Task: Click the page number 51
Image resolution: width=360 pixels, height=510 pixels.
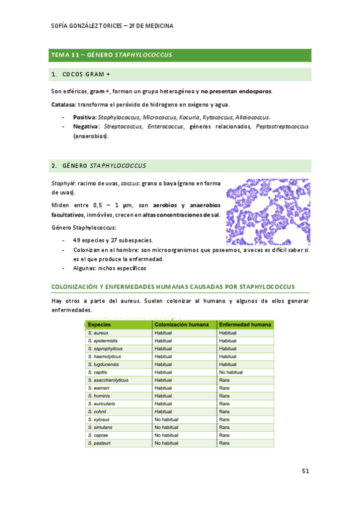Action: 305,472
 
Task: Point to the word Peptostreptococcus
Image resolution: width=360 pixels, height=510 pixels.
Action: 282,127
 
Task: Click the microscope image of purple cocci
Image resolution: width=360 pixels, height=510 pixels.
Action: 267,212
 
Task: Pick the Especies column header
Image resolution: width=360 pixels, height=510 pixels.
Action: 99,324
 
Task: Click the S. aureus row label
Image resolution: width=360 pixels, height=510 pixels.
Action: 97,333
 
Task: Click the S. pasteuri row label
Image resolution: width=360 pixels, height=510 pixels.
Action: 99,443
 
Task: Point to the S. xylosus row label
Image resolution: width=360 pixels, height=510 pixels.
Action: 99,419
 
